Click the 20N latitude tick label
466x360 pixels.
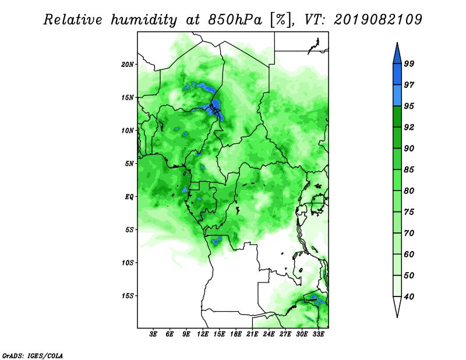point(128,64)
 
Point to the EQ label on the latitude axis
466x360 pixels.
point(129,196)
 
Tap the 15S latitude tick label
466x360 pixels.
point(128,296)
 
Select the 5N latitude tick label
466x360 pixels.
point(129,164)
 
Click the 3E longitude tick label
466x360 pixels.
point(153,334)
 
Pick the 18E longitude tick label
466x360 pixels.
point(236,334)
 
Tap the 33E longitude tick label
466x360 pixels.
point(318,334)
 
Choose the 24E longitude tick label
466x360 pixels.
point(269,334)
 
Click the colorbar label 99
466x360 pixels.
point(409,63)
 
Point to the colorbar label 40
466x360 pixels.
point(409,297)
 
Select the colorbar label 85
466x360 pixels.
point(409,170)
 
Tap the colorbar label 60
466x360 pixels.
point(409,254)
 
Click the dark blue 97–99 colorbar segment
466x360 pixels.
point(397,75)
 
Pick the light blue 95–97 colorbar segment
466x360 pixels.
point(397,96)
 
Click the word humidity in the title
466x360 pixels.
point(144,20)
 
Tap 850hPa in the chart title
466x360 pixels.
point(235,20)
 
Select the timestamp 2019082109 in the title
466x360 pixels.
point(377,20)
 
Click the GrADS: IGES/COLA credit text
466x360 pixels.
point(33,355)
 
